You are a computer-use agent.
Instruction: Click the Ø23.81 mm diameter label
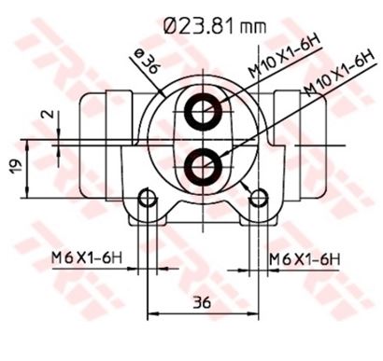[215, 25]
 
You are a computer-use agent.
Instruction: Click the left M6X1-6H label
[87, 257]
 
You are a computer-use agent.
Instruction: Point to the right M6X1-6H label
[305, 259]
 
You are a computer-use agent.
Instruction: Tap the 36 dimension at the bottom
[202, 302]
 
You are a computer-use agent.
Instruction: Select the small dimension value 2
[48, 114]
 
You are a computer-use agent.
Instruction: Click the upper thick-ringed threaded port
[203, 112]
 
